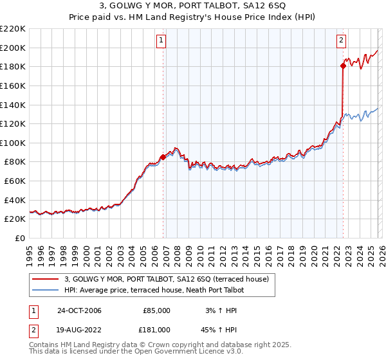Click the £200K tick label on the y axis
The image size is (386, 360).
[x=13, y=48]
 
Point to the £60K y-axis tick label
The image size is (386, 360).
[x=15, y=181]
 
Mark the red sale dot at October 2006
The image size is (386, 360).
[x=163, y=157]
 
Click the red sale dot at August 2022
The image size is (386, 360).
[x=343, y=65]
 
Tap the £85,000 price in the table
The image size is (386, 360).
[x=156, y=310]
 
